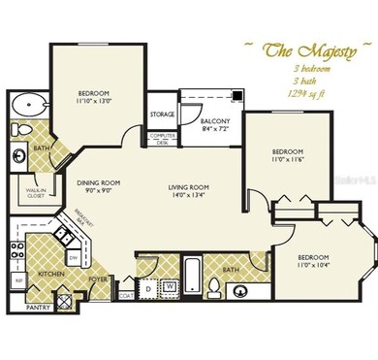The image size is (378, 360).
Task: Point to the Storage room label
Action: tap(162, 115)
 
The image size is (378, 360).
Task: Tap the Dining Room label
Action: tap(97, 182)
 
